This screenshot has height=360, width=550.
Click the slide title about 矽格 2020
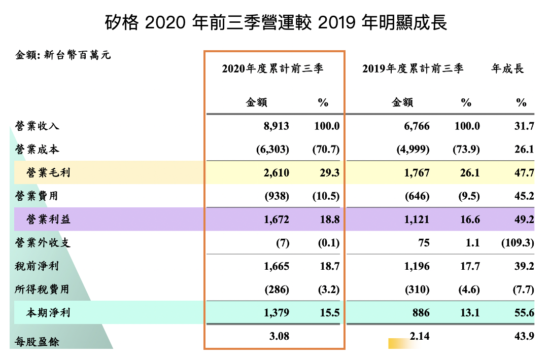click(x=276, y=23)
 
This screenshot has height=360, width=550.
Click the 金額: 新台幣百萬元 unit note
click(x=63, y=55)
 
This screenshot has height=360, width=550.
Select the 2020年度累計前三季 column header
click(x=272, y=69)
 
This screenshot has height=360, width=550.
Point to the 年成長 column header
click(x=507, y=69)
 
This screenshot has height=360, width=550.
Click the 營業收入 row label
click(x=38, y=126)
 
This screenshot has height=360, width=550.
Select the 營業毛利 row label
click(x=49, y=173)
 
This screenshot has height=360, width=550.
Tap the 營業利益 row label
click(x=49, y=219)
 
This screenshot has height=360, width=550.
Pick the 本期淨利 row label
click(x=49, y=312)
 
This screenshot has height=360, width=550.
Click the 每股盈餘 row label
click(x=38, y=342)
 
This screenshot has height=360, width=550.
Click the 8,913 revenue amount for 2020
click(x=277, y=126)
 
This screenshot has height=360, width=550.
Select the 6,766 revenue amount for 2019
click(x=417, y=126)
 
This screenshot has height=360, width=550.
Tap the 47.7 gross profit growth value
click(x=524, y=173)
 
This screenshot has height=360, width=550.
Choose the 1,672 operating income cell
click(x=277, y=219)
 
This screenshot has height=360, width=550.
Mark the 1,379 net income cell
click(x=277, y=312)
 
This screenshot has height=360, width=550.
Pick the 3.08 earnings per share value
click(x=280, y=336)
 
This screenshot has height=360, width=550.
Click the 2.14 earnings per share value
click(x=420, y=336)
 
